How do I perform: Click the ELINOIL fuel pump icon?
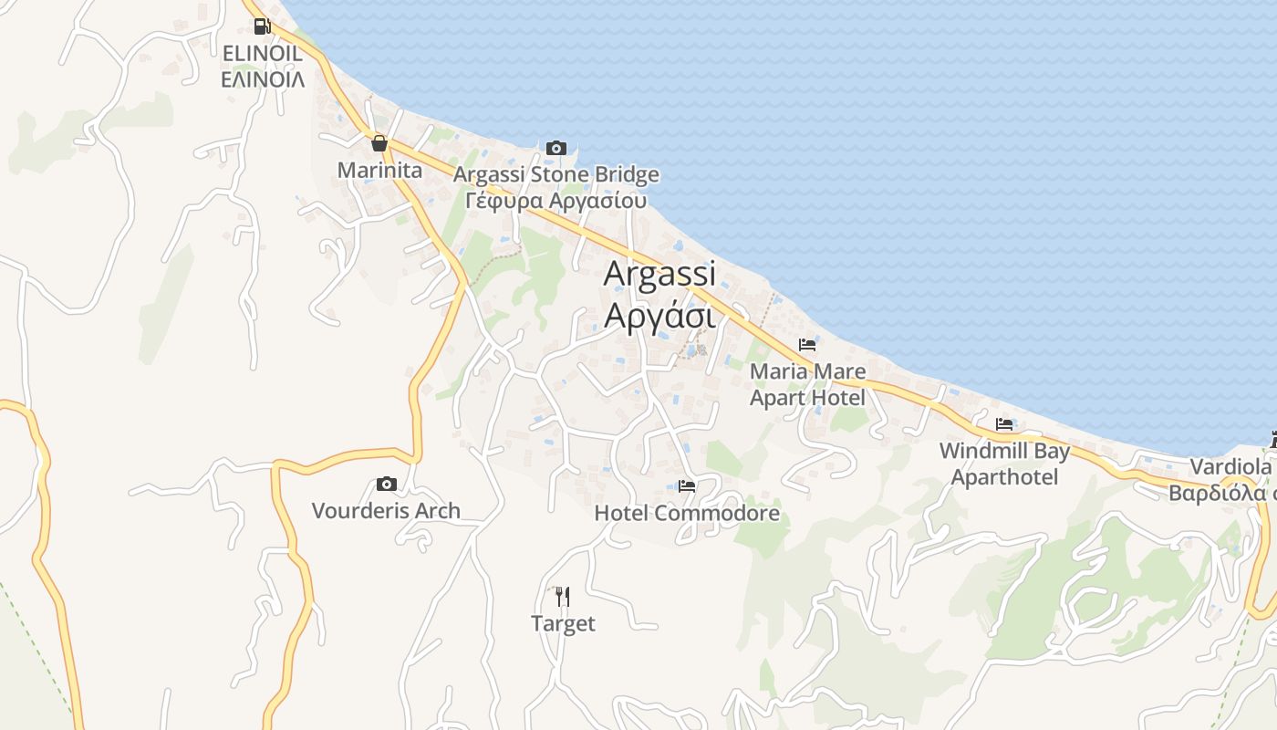(262, 26)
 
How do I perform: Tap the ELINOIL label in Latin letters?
(263, 53)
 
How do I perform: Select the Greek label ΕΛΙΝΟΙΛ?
(263, 79)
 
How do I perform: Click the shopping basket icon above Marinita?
(379, 143)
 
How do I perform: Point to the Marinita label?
(379, 170)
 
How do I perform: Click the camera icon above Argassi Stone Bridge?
(555, 148)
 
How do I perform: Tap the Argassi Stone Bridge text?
(555, 174)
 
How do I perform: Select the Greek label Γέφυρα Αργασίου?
(555, 201)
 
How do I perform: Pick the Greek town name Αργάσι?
(659, 315)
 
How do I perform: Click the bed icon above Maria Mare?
(806, 345)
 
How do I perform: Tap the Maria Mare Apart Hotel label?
(807, 384)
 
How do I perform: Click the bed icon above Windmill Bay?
(1004, 424)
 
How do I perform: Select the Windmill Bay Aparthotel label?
(1004, 464)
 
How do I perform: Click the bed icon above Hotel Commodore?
(687, 486)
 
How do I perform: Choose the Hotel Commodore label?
(687, 513)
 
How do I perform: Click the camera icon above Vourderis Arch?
(386, 484)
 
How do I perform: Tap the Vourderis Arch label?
(386, 510)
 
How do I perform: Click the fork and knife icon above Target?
(563, 597)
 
